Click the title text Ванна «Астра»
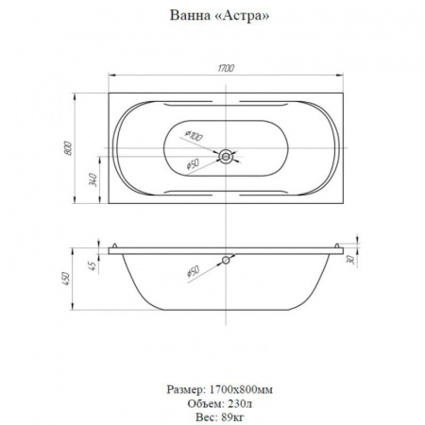tap(219, 15)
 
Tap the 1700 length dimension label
tap(226, 68)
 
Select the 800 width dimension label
tap(68, 148)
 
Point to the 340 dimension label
tap(93, 179)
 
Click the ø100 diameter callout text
tap(193, 136)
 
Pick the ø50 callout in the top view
tap(193, 164)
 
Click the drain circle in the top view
tap(226, 156)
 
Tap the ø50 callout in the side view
tap(193, 271)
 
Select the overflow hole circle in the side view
tap(226, 260)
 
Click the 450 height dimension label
tap(67, 279)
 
